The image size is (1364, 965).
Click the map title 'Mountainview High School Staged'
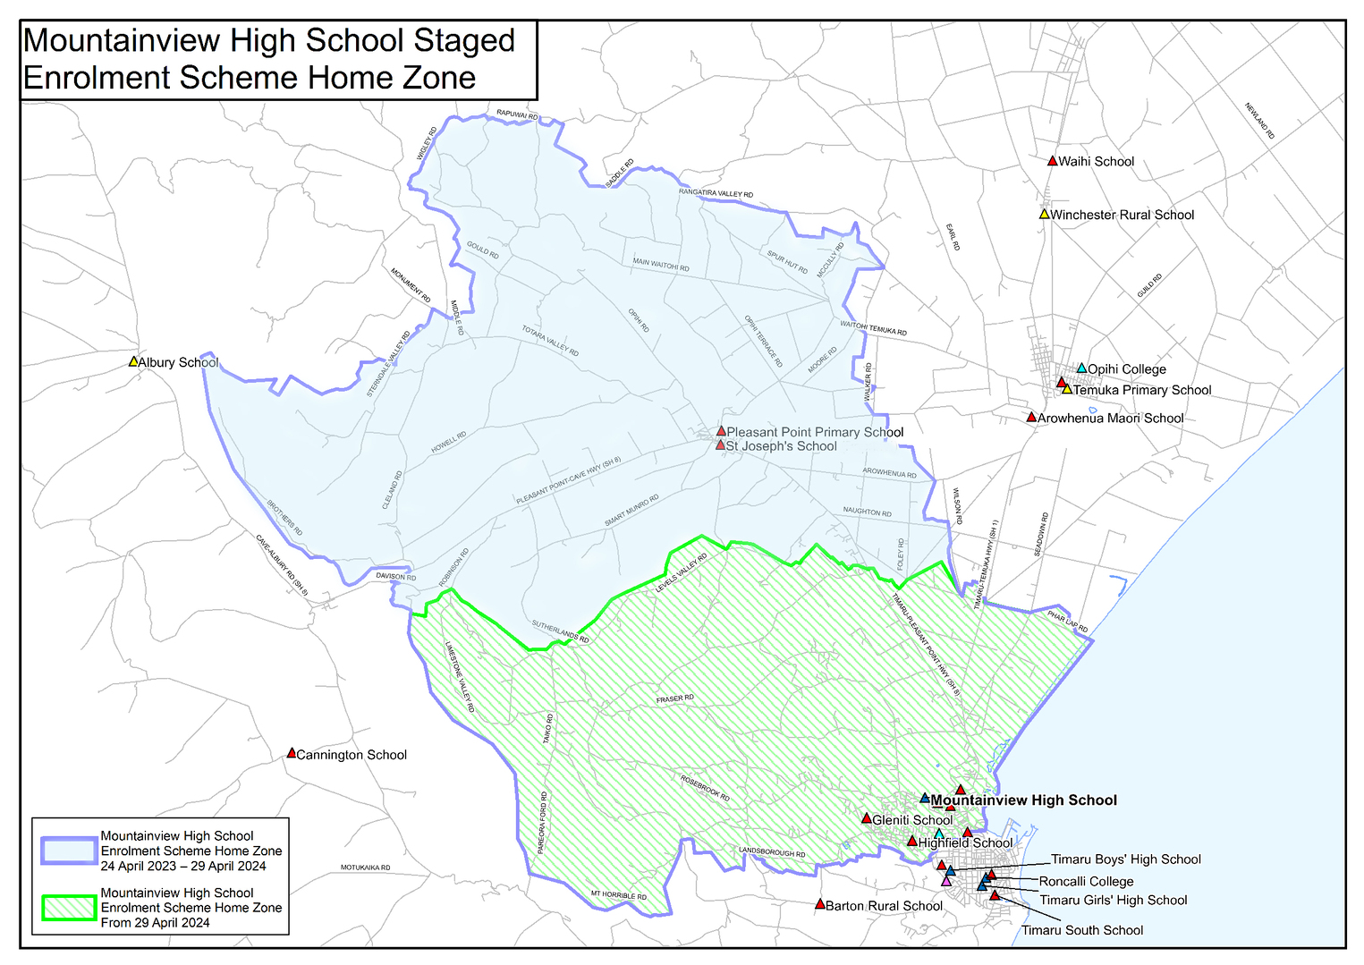[x=268, y=41]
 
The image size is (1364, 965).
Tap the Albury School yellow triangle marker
[x=133, y=362]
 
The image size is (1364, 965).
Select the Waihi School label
[x=1096, y=162]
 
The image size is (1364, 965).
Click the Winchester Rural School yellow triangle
[x=1044, y=215]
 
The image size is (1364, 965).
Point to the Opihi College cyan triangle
[x=1081, y=368]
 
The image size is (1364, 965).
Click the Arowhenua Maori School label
[x=1110, y=419]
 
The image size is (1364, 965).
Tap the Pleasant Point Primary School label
[x=815, y=432]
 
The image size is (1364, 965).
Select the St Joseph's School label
[x=781, y=446]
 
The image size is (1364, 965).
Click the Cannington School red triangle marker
[x=291, y=754]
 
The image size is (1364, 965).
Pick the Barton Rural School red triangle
[x=819, y=904]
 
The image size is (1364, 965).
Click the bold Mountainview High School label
[x=1024, y=800]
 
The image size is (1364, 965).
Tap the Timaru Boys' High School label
[x=1125, y=859]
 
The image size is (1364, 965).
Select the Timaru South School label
[x=1082, y=930]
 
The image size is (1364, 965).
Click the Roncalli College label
[x=1086, y=881]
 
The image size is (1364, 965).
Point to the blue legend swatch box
[x=69, y=851]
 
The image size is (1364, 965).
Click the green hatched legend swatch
[x=69, y=907]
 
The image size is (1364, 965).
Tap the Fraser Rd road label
[x=674, y=698]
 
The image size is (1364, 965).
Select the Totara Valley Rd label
[x=550, y=341]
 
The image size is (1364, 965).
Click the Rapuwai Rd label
[x=517, y=115]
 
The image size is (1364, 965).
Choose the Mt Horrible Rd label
[x=618, y=895]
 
